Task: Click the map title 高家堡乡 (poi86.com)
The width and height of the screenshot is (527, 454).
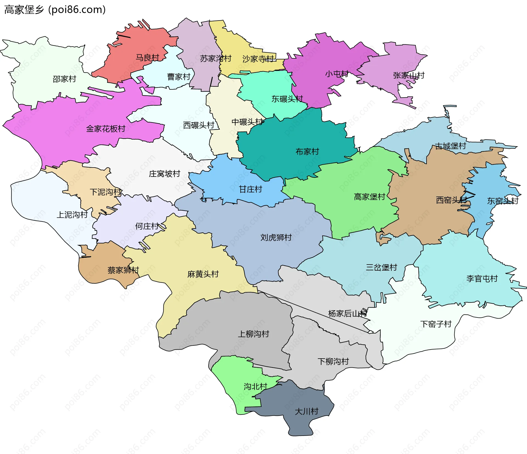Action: pos(55,10)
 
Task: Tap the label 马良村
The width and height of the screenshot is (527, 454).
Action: pos(147,58)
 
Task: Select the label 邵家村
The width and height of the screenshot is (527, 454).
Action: pos(64,79)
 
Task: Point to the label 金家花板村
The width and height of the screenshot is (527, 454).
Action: pos(106,129)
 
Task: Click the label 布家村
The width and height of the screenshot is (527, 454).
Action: pos(307,151)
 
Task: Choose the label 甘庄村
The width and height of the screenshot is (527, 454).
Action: pos(250,189)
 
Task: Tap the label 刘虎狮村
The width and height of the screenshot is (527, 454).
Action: pos(276,237)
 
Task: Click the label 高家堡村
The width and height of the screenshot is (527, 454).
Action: pos(369,197)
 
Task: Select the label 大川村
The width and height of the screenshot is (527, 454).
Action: pos(306,411)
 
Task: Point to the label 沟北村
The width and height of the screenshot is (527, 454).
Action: pos(255,387)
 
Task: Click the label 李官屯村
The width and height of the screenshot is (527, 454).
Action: pos(482,279)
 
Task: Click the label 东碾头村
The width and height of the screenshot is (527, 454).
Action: pos(287,99)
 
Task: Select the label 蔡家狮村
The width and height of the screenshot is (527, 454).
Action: pos(123,270)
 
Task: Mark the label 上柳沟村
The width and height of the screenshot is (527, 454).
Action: pos(253,334)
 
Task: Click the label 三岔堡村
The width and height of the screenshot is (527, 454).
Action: pos(381,267)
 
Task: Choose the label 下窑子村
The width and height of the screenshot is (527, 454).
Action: pos(436,324)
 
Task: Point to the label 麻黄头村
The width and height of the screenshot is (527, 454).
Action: pos(203,274)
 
